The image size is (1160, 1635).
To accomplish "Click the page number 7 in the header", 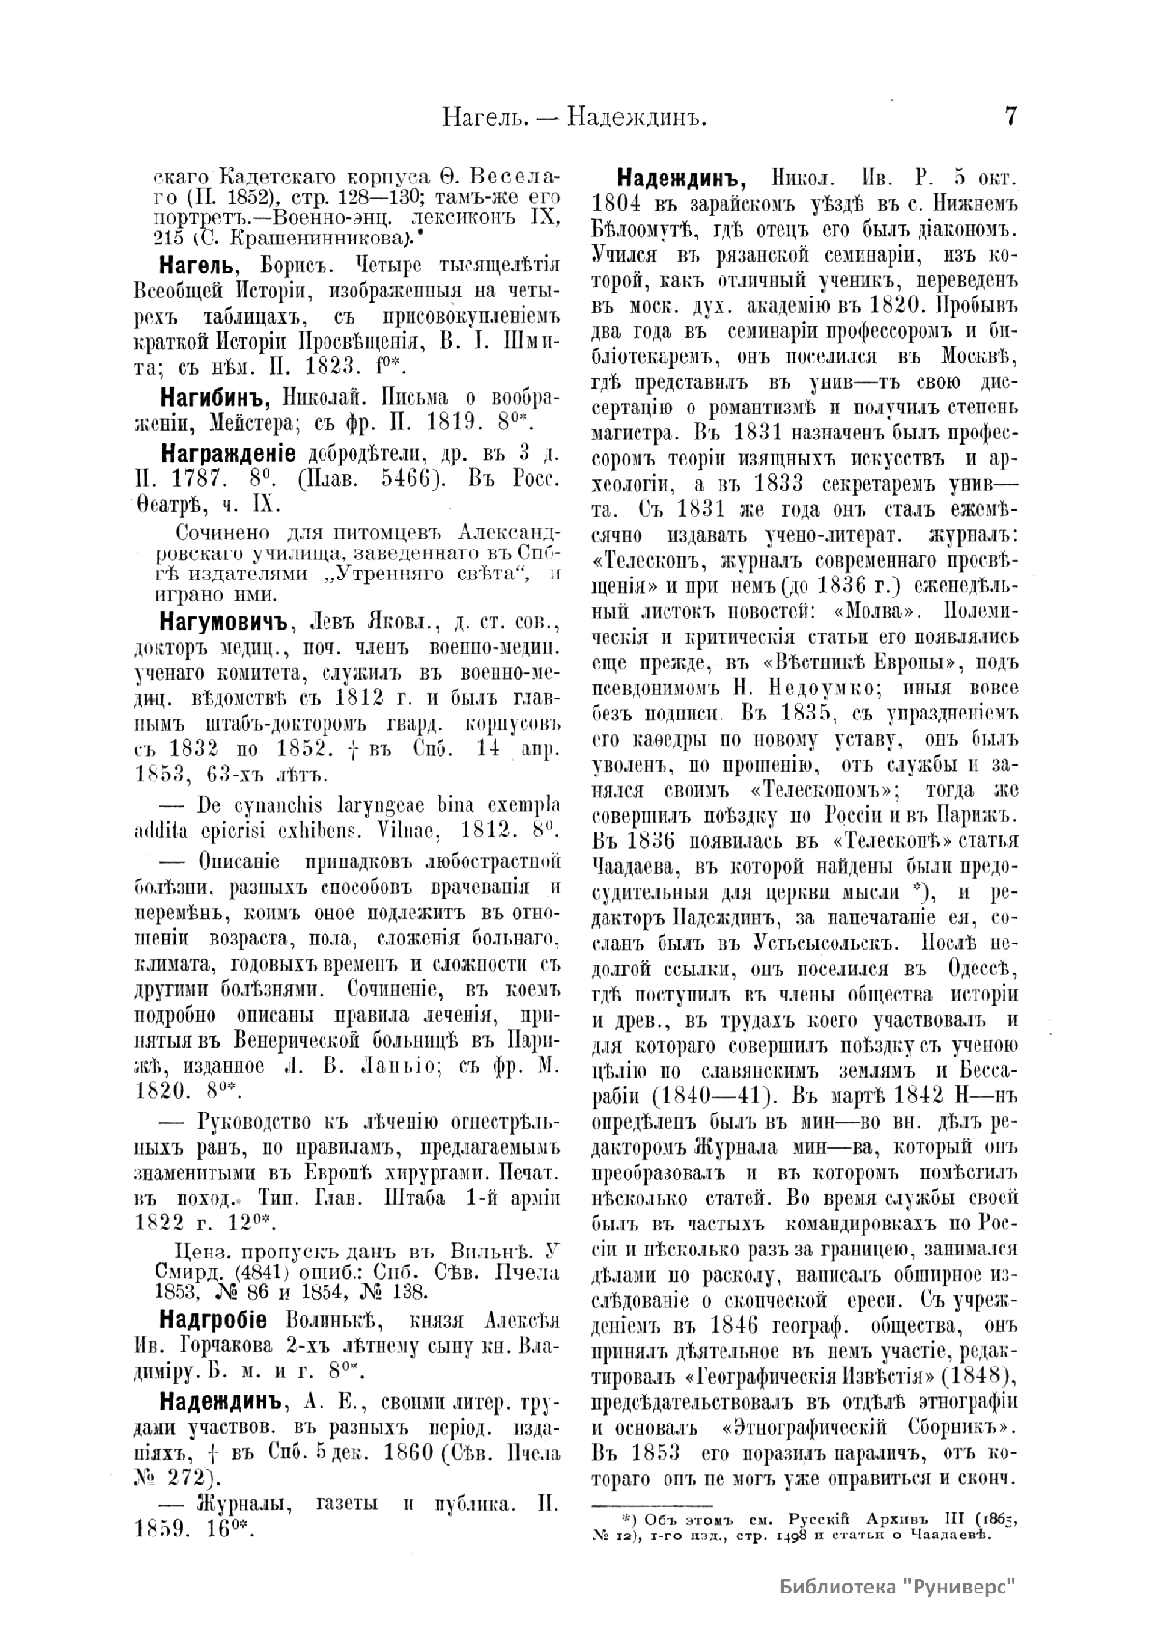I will tap(1011, 118).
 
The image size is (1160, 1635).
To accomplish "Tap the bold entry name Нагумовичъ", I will tap(223, 618).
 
